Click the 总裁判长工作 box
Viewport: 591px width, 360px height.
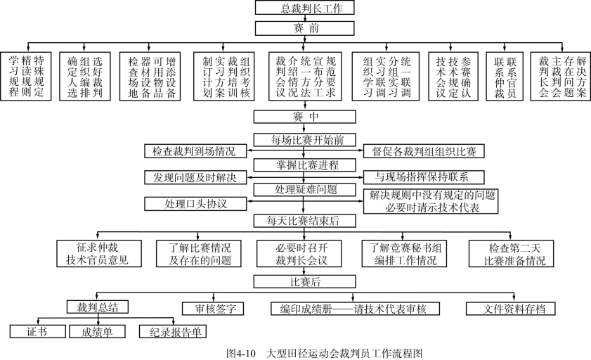click(304, 8)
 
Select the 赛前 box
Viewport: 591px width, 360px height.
click(304, 28)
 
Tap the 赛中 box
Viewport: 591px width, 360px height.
click(304, 115)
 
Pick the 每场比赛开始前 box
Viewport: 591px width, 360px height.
click(304, 139)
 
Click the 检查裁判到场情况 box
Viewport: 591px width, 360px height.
click(195, 151)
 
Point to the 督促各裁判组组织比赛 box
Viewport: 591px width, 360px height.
click(424, 151)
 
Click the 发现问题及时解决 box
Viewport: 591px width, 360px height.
click(195, 177)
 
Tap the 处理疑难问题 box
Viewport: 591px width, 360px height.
click(304, 189)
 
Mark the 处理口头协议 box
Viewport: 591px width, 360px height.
click(195, 203)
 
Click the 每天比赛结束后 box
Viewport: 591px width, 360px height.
click(304, 221)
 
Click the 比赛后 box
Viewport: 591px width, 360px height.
click(304, 281)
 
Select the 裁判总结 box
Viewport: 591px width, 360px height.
click(97, 307)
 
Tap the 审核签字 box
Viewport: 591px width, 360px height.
click(212, 308)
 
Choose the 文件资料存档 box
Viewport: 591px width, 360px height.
click(510, 308)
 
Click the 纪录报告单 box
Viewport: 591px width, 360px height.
click(172, 331)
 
